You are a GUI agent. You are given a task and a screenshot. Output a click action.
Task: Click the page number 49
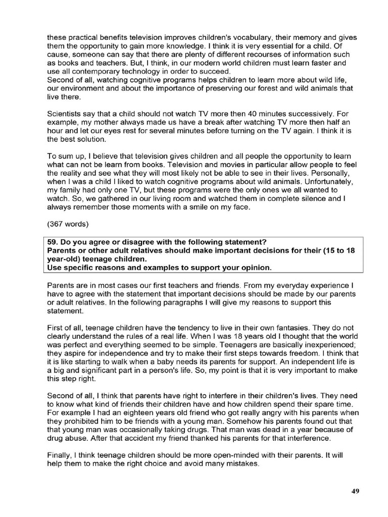355,492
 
